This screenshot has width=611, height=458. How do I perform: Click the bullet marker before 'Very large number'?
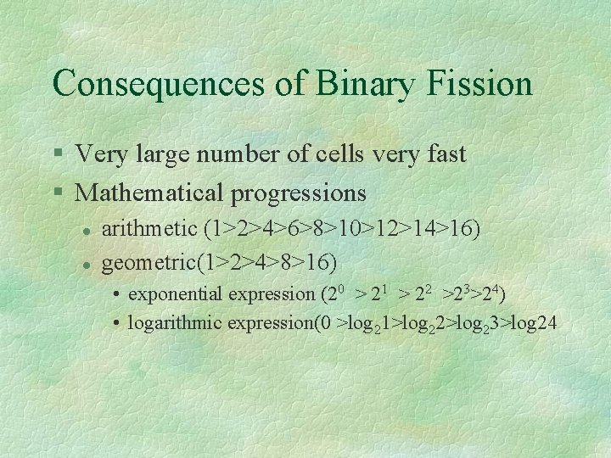[x=57, y=155]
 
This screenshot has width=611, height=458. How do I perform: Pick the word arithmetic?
[x=149, y=229]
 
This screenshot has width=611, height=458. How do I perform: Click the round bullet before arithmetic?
[x=85, y=230]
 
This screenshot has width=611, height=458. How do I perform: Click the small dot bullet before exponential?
[x=119, y=295]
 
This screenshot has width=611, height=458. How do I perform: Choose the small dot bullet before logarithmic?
[x=119, y=322]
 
